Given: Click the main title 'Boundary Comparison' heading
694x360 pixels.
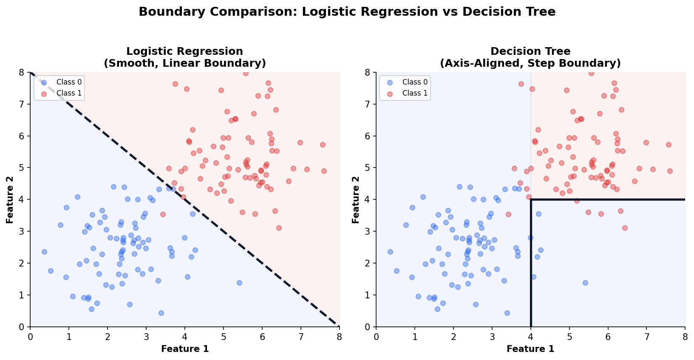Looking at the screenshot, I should pyautogui.click(x=347, y=12).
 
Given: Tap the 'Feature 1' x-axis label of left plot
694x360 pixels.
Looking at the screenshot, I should pyautogui.click(x=184, y=349).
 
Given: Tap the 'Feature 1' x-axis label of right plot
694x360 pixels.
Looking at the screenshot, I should pyautogui.click(x=530, y=349).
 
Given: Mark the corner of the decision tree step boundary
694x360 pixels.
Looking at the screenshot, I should pyautogui.click(x=531, y=199).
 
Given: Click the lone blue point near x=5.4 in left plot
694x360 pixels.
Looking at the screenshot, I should pyautogui.click(x=239, y=283).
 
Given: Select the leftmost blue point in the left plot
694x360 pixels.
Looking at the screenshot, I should pyautogui.click(x=44, y=252).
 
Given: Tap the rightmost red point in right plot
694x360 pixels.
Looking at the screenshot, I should pyautogui.click(x=670, y=171).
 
